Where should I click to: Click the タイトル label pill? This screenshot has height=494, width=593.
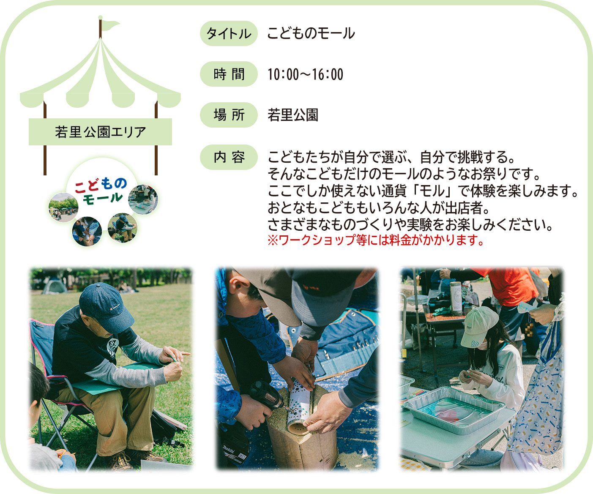[229, 33]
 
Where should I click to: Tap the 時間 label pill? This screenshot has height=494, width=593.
[229, 74]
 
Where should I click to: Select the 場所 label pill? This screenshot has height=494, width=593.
[229, 115]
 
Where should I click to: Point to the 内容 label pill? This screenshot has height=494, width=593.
[229, 157]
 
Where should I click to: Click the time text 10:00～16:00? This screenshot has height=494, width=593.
[305, 74]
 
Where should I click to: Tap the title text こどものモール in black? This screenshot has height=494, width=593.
[311, 33]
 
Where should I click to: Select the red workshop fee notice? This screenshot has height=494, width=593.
[375, 240]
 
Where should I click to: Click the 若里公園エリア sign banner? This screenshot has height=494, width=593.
[100, 132]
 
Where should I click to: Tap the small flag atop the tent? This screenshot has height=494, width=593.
[111, 25]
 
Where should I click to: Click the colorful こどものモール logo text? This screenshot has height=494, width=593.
[101, 191]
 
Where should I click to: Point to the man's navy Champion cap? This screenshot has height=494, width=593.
[106, 307]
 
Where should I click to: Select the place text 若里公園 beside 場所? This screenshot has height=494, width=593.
[293, 115]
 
